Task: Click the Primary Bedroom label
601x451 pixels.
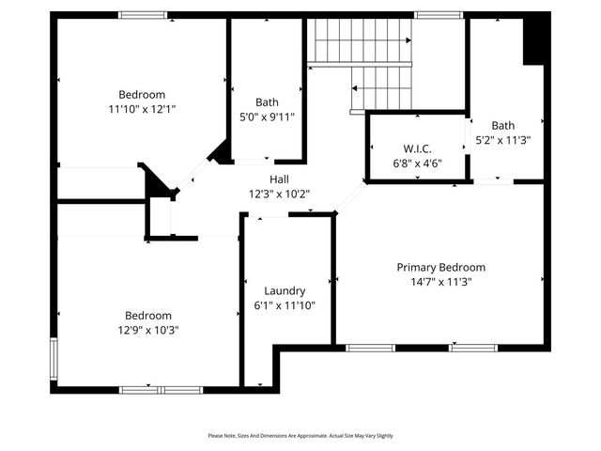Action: (440, 268)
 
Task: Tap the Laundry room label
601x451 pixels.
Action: (284, 291)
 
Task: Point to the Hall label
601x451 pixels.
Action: (279, 179)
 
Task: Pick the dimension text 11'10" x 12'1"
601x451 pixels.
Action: (142, 108)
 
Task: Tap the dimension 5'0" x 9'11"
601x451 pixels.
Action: (267, 117)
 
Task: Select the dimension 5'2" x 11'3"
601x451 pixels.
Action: (503, 140)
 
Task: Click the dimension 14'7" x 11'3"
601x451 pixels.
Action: (440, 282)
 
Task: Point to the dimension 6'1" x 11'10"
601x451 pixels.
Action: (284, 305)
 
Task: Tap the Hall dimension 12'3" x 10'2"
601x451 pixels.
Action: (279, 194)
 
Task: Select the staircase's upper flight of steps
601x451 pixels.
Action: (361, 41)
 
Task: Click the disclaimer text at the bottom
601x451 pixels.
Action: (300, 436)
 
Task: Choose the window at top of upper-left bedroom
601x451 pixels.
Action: (143, 15)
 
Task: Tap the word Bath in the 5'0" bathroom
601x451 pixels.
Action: (267, 103)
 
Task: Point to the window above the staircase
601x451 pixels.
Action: (432, 15)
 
